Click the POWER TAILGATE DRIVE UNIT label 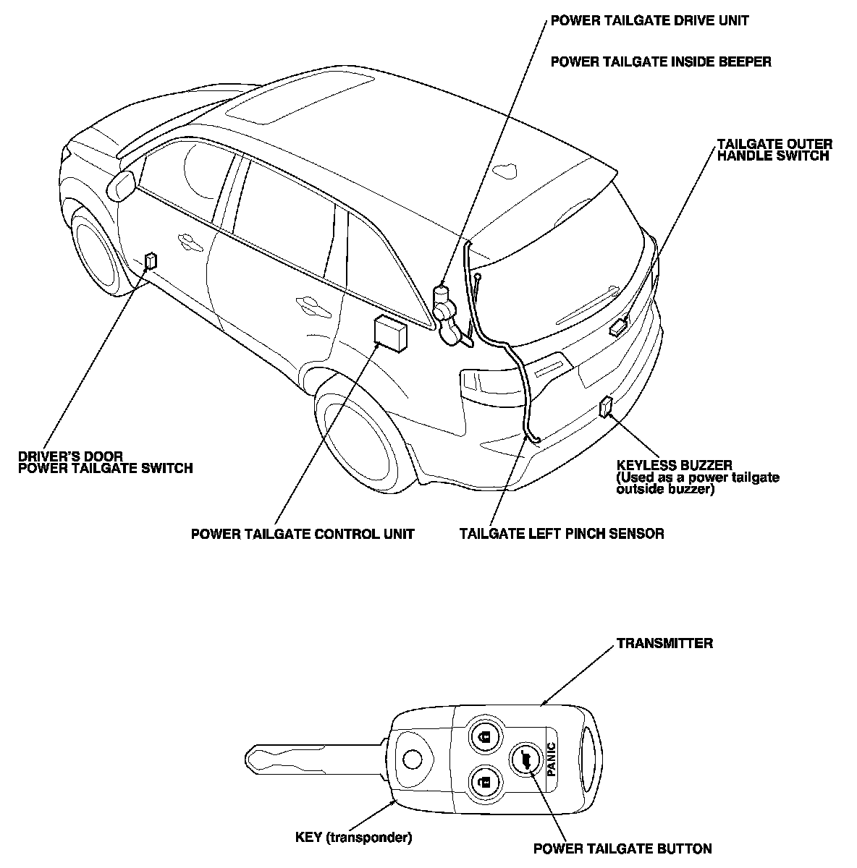pyautogui.click(x=649, y=20)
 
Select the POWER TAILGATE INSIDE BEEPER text pyautogui.click(x=660, y=61)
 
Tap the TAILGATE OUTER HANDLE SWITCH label pyautogui.click(x=774, y=150)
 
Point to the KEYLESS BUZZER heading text pyautogui.click(x=674, y=465)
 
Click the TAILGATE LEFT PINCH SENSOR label pyautogui.click(x=562, y=534)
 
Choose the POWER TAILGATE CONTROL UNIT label pyautogui.click(x=303, y=534)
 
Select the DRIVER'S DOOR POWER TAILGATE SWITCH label pyautogui.click(x=105, y=462)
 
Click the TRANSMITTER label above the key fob pyautogui.click(x=664, y=643)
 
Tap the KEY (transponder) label pyautogui.click(x=354, y=838)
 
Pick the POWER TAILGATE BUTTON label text pyautogui.click(x=622, y=849)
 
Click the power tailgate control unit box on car pyautogui.click(x=390, y=333)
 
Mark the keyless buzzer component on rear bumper pyautogui.click(x=605, y=407)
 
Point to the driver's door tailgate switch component pyautogui.click(x=151, y=260)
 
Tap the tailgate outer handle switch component pyautogui.click(x=619, y=327)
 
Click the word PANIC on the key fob pyautogui.click(x=552, y=759)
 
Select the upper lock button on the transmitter pyautogui.click(x=484, y=736)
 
